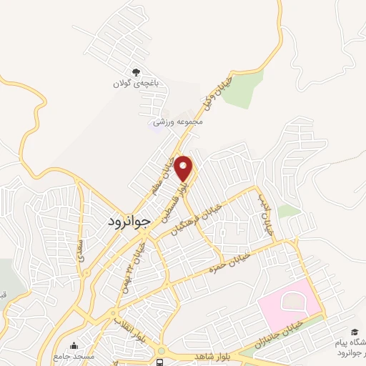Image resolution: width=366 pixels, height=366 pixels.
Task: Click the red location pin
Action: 184,169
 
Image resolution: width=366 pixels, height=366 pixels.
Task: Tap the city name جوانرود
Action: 129,221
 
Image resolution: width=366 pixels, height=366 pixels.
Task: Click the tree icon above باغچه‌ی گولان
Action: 136,71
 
